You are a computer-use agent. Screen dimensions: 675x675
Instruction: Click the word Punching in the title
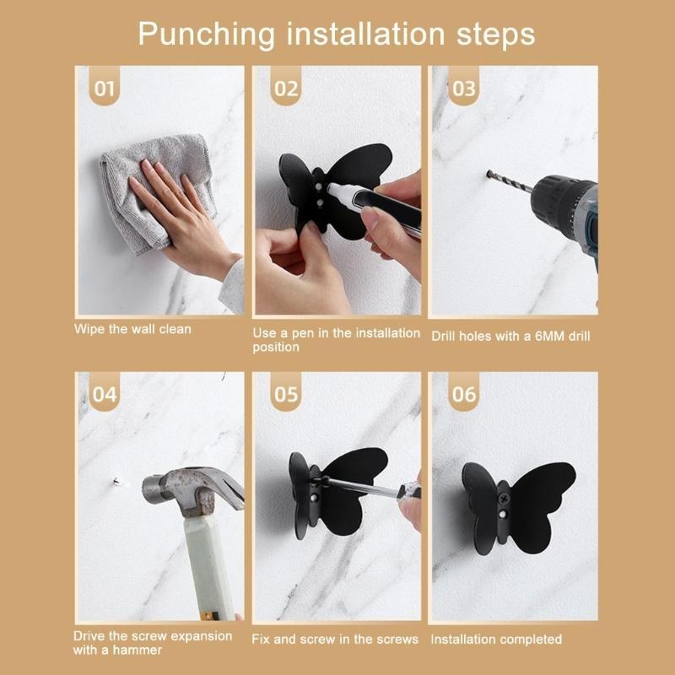pyautogui.click(x=206, y=35)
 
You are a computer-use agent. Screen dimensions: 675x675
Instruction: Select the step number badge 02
pyautogui.click(x=284, y=88)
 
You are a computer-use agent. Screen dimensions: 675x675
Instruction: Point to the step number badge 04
pyautogui.click(x=105, y=393)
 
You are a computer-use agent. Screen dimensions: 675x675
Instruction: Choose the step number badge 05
pyautogui.click(x=284, y=393)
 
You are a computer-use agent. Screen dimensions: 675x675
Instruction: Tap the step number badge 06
pyautogui.click(x=463, y=393)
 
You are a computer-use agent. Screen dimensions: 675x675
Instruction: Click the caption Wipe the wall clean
pyautogui.click(x=132, y=329)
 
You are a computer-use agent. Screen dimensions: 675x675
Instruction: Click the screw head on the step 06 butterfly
pyautogui.click(x=505, y=510)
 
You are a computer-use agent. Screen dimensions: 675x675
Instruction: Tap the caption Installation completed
pyautogui.click(x=496, y=640)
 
